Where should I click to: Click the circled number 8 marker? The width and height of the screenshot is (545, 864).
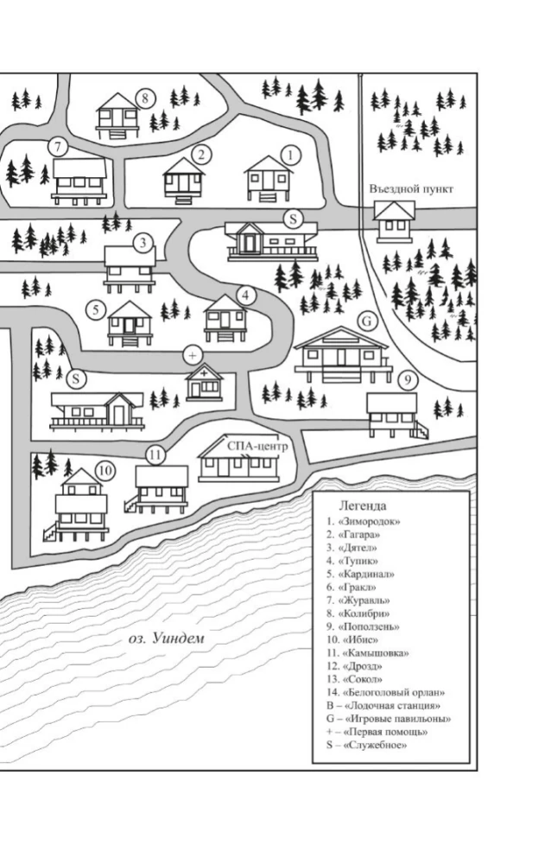tap(145, 98)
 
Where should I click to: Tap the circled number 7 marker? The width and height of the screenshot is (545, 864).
tap(57, 147)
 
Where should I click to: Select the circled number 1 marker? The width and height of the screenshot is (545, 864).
tap(290, 156)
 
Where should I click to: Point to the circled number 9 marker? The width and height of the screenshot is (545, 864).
tap(407, 380)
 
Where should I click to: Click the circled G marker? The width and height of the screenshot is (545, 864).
tap(367, 321)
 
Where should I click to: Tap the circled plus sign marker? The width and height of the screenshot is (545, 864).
tap(192, 355)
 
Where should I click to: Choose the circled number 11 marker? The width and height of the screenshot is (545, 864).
tap(155, 455)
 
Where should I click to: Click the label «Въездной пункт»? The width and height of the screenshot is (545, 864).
tap(411, 188)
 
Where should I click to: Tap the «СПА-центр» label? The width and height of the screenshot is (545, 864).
tap(257, 446)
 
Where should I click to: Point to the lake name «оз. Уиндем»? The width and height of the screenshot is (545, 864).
tap(167, 638)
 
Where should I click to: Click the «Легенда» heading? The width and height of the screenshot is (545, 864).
tap(362, 505)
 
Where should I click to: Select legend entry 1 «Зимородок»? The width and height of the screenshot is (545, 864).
tap(363, 521)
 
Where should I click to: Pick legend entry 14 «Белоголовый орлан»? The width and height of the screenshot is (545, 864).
tap(385, 693)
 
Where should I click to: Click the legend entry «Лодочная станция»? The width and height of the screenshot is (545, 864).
tap(383, 706)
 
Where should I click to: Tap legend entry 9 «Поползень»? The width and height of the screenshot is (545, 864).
tap(363, 626)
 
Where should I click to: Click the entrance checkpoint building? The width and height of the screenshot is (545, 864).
tap(394, 221)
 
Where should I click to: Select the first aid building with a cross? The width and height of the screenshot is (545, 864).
tap(205, 381)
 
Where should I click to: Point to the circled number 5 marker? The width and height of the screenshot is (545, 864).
tap(96, 310)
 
